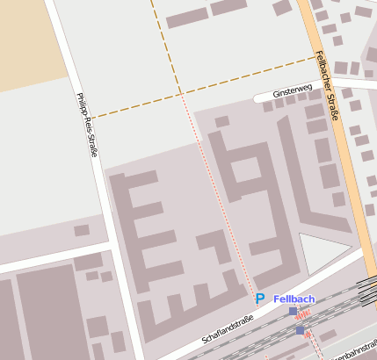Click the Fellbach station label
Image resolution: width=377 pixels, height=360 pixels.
click(294, 299)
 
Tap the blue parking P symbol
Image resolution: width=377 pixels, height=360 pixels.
click(259, 299)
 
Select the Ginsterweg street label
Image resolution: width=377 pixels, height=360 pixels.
click(293, 90)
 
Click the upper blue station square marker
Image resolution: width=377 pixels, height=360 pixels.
click(293, 311)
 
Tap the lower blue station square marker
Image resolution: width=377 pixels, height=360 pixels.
click(300, 330)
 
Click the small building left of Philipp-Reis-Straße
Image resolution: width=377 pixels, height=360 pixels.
click(82, 230)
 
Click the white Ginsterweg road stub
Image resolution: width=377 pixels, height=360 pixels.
click(264, 96)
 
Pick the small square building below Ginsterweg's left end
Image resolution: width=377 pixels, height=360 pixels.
click(222, 121)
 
